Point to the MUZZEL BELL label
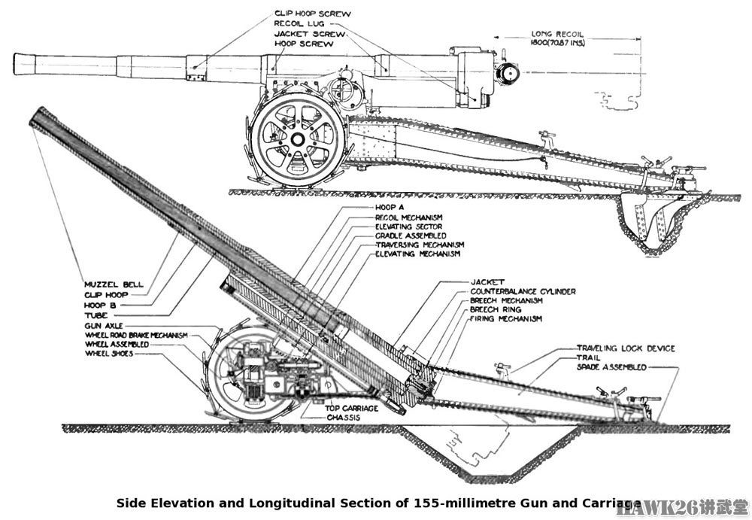115,285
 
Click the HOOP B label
101,306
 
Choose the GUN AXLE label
102,326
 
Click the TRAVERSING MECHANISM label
420,245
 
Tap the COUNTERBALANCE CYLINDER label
523,290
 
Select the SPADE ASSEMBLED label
611,367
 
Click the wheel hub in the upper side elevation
298,140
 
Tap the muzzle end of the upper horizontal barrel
19,64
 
